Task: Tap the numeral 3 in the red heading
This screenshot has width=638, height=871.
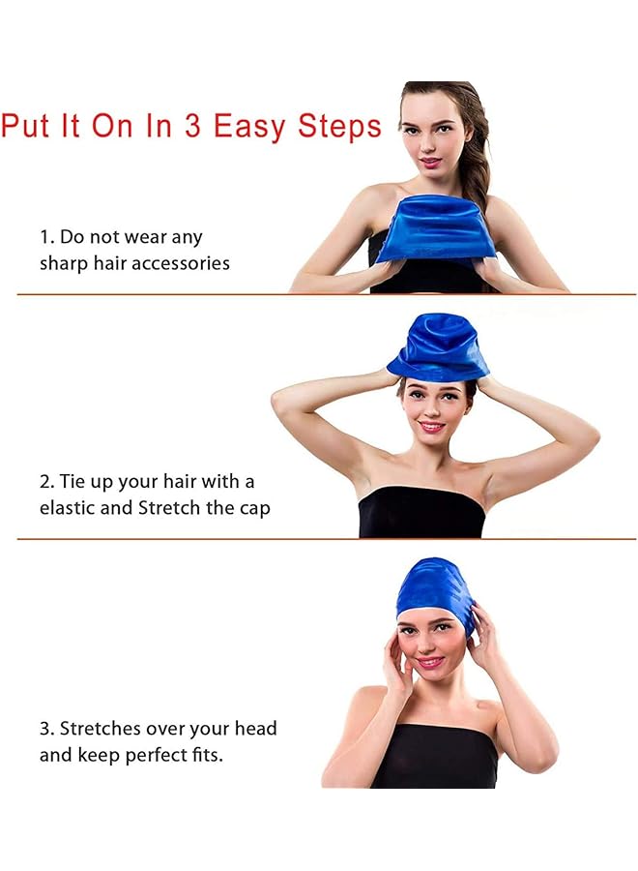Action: pyautogui.click(x=191, y=126)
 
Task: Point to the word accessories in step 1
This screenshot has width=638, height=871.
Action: pyautogui.click(x=178, y=263)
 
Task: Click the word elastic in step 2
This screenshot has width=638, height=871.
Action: pyautogui.click(x=67, y=508)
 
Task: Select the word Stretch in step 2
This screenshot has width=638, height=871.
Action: pyautogui.click(x=171, y=508)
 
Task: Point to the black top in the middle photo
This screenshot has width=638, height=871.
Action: pyautogui.click(x=421, y=513)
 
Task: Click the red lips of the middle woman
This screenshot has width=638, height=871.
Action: pyautogui.click(x=431, y=426)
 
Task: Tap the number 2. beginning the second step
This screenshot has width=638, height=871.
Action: pyautogui.click(x=46, y=482)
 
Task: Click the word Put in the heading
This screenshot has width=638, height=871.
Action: pyautogui.click(x=26, y=126)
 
